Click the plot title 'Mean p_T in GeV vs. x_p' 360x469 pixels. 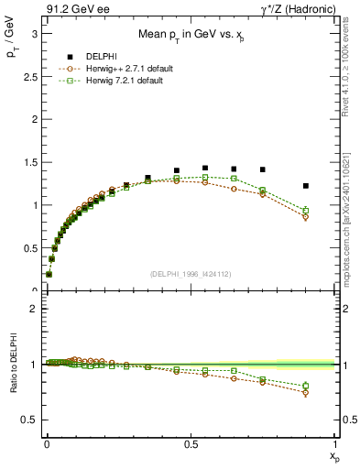pos(190,35)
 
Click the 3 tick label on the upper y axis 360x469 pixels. pos(33,32)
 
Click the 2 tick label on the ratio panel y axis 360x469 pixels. pos(33,309)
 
